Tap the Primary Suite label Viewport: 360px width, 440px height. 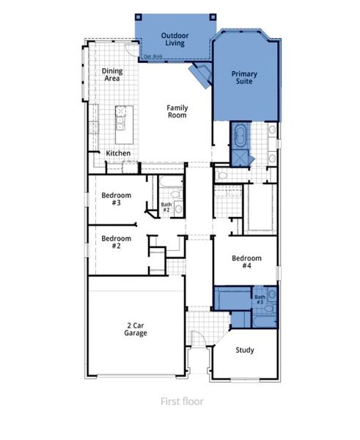(244, 78)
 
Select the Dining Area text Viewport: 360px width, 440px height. (111, 74)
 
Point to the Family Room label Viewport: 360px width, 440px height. (177, 111)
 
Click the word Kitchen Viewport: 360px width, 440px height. (118, 153)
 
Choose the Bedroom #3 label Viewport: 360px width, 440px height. (116, 199)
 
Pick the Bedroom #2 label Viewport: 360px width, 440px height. (116, 242)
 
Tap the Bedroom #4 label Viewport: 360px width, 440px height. (246, 262)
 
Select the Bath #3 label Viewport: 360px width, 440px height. (260, 299)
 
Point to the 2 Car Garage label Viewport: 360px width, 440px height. (136, 329)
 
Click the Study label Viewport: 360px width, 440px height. (245, 350)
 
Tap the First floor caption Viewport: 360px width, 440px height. (182, 401)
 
